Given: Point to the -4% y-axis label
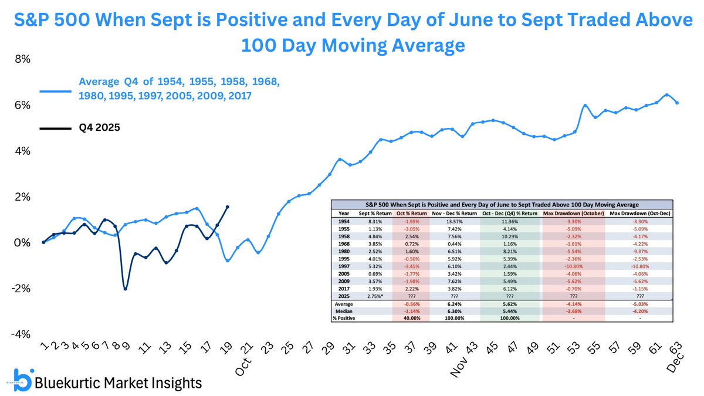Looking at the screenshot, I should click(22, 334).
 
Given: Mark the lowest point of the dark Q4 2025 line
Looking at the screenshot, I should click(125, 289).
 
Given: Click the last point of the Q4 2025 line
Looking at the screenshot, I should click(228, 207).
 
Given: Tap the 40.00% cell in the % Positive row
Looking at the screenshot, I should click(410, 317).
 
